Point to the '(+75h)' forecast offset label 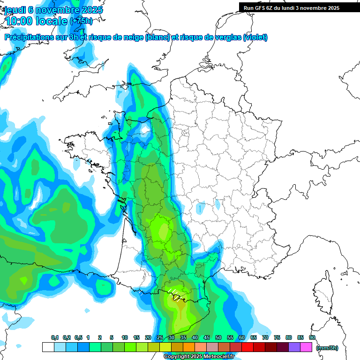tap(81, 21)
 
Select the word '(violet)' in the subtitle tap(255, 37)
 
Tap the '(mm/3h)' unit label tap(327, 348)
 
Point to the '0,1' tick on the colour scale tap(54, 337)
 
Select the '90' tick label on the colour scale tap(312, 337)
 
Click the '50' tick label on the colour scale tap(218, 337)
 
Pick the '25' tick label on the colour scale tap(159, 337)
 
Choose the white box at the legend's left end tap(48, 347)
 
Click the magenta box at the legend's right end tap(306, 347)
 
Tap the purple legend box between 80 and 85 tap(294, 347)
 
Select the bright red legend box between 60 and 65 tap(247, 347)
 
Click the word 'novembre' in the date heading tap(60, 10)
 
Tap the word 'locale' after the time tap(52, 21)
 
